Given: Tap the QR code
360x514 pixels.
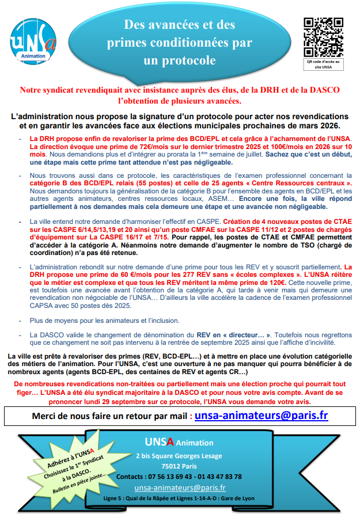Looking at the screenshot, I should point(323,36).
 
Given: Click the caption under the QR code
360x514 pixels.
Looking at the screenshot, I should point(323,64).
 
